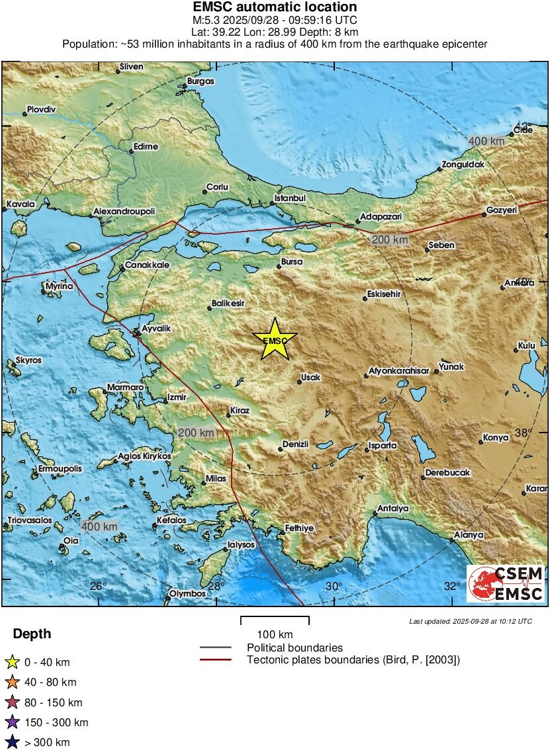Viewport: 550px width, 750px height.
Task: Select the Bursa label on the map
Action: point(292,262)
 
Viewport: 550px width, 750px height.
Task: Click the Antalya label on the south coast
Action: point(392,509)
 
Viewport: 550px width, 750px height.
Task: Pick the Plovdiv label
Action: point(41,109)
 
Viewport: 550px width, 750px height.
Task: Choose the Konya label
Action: point(496,437)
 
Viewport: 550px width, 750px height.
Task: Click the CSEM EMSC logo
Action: point(506,583)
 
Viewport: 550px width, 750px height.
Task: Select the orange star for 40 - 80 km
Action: point(12,682)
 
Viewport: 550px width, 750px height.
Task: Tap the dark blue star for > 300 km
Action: point(12,742)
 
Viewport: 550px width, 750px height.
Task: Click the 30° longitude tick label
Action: point(334,586)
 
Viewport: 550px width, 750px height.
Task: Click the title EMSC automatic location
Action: point(275,7)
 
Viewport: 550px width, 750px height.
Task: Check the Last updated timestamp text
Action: point(470,621)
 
